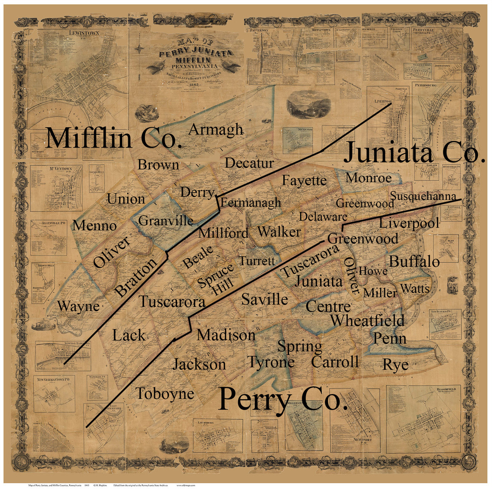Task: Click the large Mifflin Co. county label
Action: coord(113,138)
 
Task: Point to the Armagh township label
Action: coord(216,130)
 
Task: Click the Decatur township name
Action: coord(249,163)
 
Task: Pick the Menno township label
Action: coord(95,226)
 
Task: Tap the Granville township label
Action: coord(166,221)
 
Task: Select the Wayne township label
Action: coord(78,306)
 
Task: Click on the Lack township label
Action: coord(129,336)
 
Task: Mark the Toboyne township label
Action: coord(165,394)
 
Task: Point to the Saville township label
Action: coord(264,299)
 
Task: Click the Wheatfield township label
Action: coord(367,320)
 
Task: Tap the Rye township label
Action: coord(395,364)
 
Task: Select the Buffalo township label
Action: coord(414,262)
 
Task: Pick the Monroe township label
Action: coord(369,178)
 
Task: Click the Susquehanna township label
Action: coord(423,196)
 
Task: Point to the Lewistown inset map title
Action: coord(84,33)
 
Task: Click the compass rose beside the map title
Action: coord(141,49)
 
